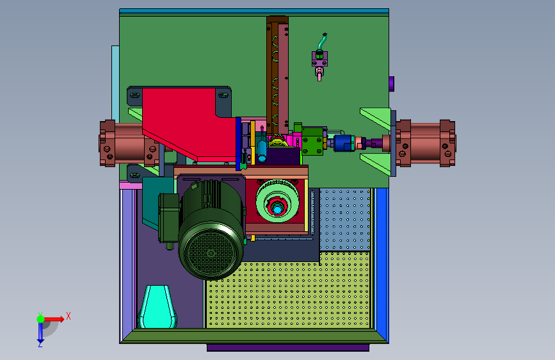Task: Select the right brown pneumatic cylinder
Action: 425,143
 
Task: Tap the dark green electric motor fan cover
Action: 211,252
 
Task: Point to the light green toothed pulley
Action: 277,201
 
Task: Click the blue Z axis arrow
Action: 40,334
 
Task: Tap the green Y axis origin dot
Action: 40,319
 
